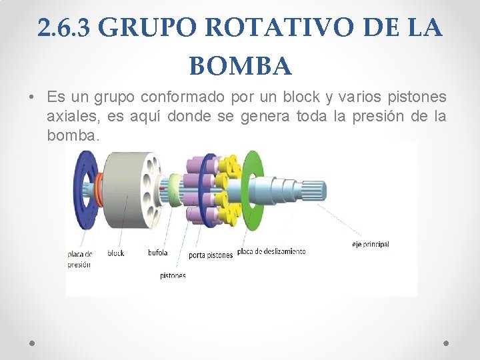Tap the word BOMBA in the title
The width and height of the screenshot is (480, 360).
point(240,66)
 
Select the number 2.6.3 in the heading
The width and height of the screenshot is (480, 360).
point(67,28)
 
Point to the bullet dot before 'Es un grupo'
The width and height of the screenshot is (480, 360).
point(32,98)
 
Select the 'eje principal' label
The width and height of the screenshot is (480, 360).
point(371,245)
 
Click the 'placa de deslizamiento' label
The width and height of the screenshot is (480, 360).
point(271,251)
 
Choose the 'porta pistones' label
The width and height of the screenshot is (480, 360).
point(211,255)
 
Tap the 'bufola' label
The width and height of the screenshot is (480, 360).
point(158,253)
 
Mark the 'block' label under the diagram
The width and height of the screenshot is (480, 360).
point(116,253)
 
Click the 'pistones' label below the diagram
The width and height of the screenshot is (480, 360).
point(173,275)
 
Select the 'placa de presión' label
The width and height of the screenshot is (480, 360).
point(79,259)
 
